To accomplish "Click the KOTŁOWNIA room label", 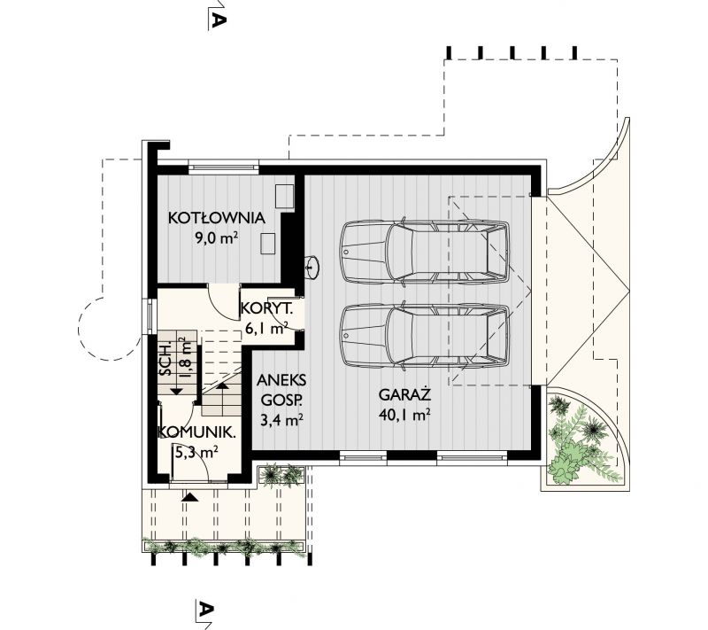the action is (x=216, y=218).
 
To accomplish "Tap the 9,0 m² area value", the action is (x=216, y=237).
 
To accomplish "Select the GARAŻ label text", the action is (x=405, y=394).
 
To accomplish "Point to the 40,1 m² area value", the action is (x=404, y=415).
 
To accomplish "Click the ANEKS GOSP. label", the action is (x=281, y=390).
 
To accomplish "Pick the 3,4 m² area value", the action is (x=281, y=420).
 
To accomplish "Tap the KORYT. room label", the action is (x=266, y=308).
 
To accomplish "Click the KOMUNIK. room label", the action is (x=196, y=432).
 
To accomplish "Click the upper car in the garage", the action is (x=425, y=252).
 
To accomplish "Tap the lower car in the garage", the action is (x=425, y=336).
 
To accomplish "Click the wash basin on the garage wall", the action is (x=312, y=266).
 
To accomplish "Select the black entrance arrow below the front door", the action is (x=189, y=497).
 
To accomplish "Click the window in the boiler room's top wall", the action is (x=224, y=167).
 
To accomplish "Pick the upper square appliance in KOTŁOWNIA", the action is (x=285, y=196).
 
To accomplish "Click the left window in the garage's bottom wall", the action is (x=363, y=457).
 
